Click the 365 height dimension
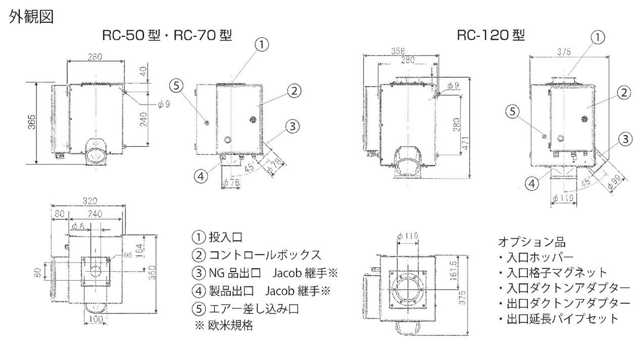click(31, 123)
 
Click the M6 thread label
click(116, 255)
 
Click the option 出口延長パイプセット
click(558, 319)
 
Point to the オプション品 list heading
click(528, 241)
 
